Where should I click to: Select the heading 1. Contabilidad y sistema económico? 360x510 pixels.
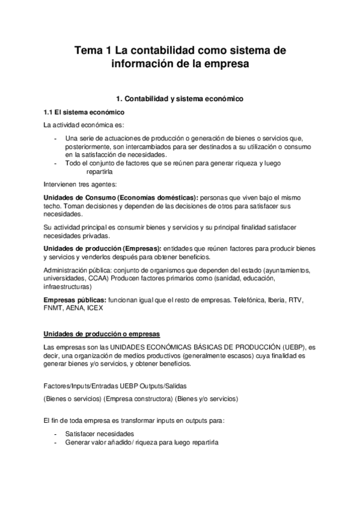click(178, 98)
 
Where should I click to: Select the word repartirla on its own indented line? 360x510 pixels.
click(90, 171)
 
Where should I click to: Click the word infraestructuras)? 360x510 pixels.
click(70, 287)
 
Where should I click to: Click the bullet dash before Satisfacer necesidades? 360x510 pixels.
click(55, 433)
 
